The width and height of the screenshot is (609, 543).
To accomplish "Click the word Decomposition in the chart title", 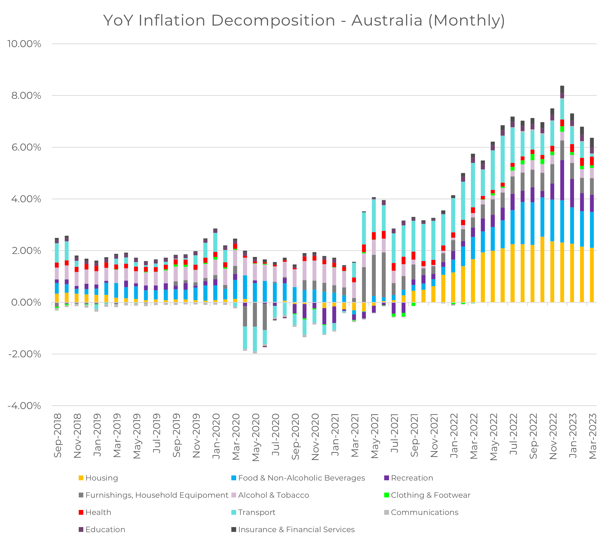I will [x=273, y=21].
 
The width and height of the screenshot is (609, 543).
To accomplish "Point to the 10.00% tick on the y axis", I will [x=24, y=44].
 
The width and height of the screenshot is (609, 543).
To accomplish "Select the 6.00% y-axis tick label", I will [x=26, y=147].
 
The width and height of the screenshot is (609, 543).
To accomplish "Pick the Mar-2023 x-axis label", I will [x=592, y=436].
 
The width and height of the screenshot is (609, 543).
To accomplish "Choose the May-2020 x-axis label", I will [x=256, y=437].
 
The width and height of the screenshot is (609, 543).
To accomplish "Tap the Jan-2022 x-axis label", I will [x=454, y=435].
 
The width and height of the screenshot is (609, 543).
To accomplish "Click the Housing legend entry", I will [x=102, y=478].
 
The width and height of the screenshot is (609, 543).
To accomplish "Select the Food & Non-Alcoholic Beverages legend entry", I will [x=301, y=478].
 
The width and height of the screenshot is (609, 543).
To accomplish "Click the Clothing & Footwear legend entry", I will [x=430, y=495].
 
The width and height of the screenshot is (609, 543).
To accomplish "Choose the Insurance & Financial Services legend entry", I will [x=296, y=529].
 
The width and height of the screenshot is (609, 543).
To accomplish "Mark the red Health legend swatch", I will [x=81, y=512].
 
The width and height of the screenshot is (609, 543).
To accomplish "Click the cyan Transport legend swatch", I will [x=234, y=512].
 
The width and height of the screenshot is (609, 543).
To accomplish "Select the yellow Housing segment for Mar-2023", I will [x=592, y=275].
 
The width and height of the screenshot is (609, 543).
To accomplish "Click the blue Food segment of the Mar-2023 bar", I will [x=592, y=230].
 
